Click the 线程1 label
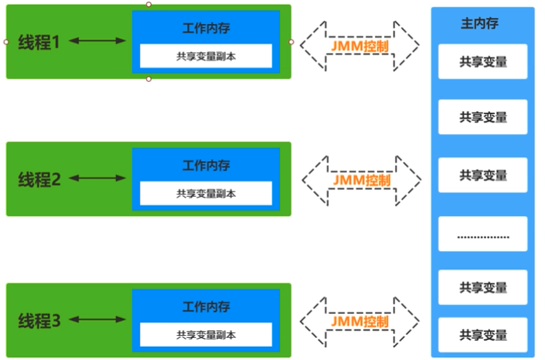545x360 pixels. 40,42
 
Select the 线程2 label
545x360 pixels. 40,180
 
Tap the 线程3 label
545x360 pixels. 40,321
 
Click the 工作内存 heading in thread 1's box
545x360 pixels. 206,28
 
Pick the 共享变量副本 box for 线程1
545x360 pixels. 206,56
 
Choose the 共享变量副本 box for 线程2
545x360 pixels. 206,193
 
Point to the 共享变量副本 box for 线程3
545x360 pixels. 206,335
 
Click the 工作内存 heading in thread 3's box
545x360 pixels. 206,307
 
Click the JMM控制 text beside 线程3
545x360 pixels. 359,321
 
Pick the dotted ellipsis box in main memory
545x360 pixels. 482,234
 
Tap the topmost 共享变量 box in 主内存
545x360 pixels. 482,61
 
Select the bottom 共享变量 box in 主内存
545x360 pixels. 482,335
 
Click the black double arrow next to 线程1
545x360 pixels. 97,41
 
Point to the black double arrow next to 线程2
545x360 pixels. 97,179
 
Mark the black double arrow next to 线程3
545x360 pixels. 97,320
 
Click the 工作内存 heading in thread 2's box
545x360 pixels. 206,166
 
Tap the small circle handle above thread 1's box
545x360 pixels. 149,4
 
